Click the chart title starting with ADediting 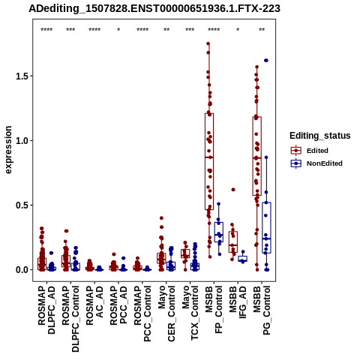154,8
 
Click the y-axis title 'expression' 8,150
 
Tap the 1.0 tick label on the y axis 22,140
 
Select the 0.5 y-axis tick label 22,205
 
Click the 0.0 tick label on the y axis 22,270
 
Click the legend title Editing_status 320,136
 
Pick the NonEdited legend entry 316,163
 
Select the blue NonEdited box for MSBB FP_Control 219,232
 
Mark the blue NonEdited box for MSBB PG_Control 266,228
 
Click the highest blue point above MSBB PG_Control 266,61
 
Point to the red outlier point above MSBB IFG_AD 233,190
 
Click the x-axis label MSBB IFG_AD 238,303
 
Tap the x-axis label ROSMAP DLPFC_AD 46,310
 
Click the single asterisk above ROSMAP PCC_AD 118,30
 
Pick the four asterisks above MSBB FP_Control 214,30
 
